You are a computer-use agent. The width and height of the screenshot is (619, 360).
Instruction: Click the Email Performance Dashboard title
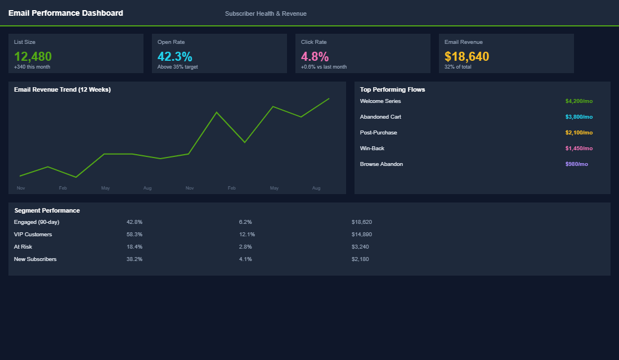[65, 13]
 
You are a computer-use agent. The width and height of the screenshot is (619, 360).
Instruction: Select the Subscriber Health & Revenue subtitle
[266, 13]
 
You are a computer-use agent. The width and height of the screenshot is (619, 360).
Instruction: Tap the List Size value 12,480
[33, 56]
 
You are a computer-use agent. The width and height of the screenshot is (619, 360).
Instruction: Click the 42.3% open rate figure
[174, 56]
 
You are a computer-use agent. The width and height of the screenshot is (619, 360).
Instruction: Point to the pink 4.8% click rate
[315, 56]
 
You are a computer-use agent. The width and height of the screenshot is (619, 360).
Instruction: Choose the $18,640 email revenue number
[467, 56]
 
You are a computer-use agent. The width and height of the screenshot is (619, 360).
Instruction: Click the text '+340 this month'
[32, 67]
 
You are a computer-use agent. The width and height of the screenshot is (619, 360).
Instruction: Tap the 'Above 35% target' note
[177, 67]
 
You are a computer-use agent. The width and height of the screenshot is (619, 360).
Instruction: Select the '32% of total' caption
[457, 67]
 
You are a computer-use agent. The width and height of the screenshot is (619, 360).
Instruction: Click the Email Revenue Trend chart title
[62, 89]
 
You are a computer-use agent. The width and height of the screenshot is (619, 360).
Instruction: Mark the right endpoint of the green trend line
[329, 98]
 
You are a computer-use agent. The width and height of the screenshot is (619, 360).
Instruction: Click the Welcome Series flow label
[380, 101]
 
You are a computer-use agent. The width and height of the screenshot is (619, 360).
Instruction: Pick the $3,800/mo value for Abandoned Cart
[578, 117]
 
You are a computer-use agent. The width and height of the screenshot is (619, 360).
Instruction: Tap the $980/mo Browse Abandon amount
[576, 164]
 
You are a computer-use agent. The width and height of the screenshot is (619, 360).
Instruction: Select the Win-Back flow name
[372, 148]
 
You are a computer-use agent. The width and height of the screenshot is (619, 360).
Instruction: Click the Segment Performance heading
[47, 210]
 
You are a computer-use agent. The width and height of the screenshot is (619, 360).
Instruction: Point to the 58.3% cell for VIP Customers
[134, 235]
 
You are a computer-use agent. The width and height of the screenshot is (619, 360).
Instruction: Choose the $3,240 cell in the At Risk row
[360, 247]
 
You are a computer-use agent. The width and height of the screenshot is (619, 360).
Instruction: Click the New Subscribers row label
[35, 259]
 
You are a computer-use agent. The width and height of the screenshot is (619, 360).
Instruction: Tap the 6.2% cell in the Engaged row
[245, 222]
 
